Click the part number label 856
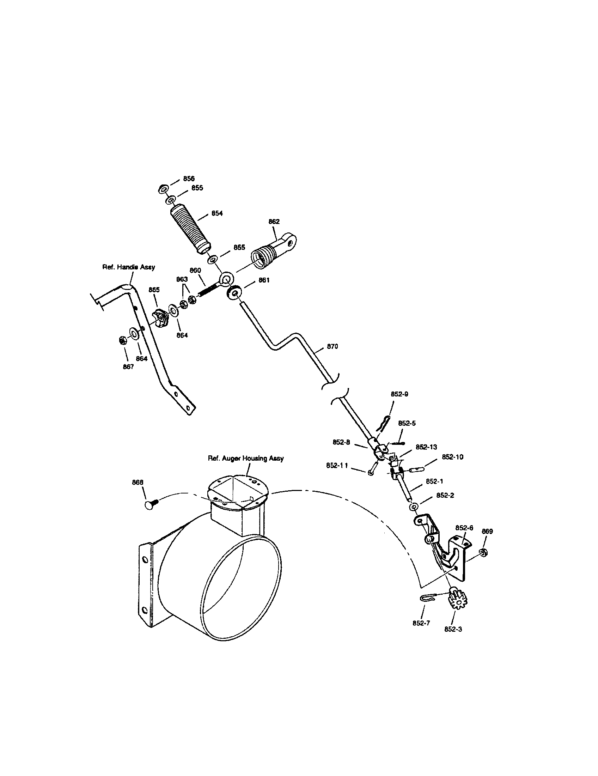[189, 178]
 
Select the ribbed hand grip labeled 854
[190, 229]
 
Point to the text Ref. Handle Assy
[129, 267]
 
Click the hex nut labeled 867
[122, 340]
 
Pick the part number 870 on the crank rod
[332, 346]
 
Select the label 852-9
[399, 394]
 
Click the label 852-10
[452, 457]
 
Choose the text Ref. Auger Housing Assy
[246, 458]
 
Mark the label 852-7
[421, 623]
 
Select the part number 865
[154, 290]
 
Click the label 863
[182, 279]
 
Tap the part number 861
[264, 280]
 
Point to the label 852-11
[337, 466]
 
